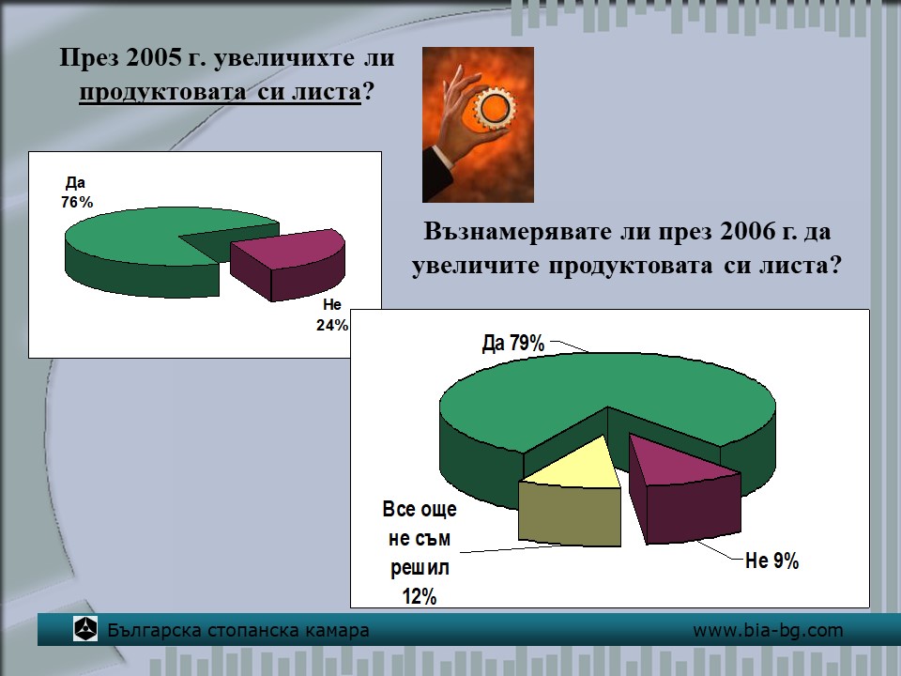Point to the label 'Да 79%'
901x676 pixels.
513,344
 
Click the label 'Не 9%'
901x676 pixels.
771,561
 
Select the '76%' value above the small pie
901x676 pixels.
77,203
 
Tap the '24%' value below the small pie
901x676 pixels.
332,326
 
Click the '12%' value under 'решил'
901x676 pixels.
420,597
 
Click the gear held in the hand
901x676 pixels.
495,107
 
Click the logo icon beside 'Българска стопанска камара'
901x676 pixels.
85,629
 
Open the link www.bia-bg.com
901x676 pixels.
768,631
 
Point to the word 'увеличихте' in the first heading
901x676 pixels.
283,58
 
